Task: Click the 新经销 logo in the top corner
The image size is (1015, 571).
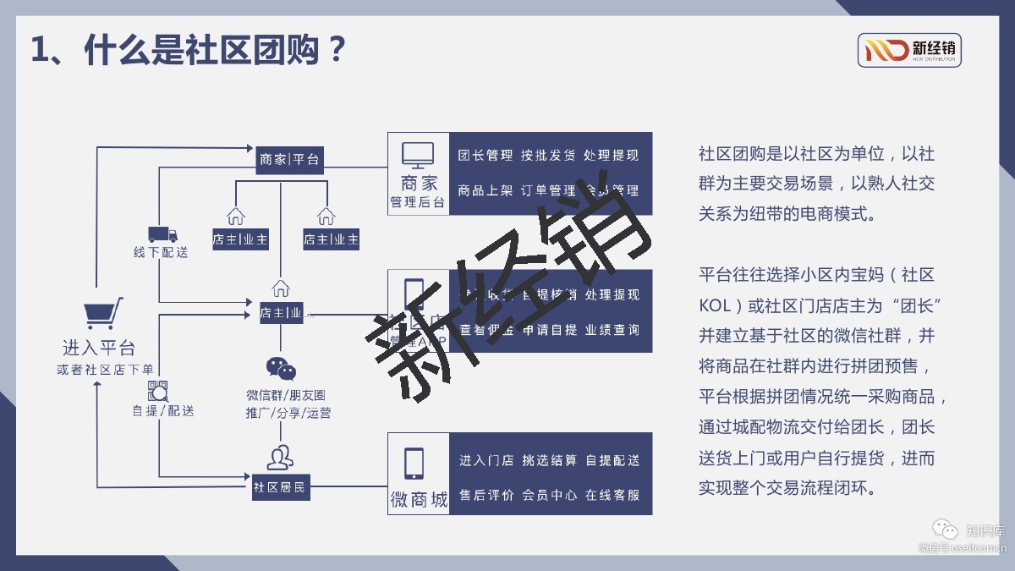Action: pos(909,50)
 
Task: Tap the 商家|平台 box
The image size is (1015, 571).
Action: pos(290,159)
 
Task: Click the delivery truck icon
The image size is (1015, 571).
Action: pos(162,234)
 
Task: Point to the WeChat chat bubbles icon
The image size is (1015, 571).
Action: pos(282,369)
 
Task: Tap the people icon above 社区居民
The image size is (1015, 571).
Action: pos(280,458)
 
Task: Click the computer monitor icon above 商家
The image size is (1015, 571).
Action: pos(418,155)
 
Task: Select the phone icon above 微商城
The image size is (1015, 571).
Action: pos(414,463)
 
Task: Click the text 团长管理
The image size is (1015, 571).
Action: pos(486,156)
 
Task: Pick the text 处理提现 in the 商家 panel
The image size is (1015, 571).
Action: pos(612,156)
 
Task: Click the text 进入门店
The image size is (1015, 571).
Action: pos(486,461)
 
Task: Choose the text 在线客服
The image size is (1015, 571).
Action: pos(612,496)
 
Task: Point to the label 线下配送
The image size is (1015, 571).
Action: pos(161,252)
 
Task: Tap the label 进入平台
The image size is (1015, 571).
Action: pos(99,348)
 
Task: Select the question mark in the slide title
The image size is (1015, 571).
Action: pos(336,50)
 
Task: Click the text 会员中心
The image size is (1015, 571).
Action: pos(550,496)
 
